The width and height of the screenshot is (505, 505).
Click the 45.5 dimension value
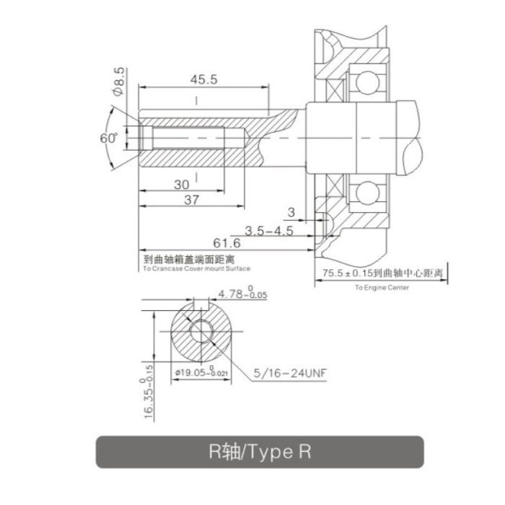coord(203,79)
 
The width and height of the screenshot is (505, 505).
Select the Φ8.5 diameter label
coord(118,81)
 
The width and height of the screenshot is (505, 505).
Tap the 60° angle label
coord(108,139)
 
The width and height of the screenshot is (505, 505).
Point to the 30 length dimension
coord(181,185)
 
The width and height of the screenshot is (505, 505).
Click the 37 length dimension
coord(191,200)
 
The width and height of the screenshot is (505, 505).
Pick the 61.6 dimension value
coord(227,243)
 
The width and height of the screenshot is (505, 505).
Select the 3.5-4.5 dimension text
coord(269,231)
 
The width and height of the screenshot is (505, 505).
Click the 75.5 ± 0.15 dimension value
coord(348,273)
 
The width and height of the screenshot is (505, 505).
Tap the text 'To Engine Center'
coord(382,287)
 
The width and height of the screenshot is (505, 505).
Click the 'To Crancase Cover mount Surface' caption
coord(196,268)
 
